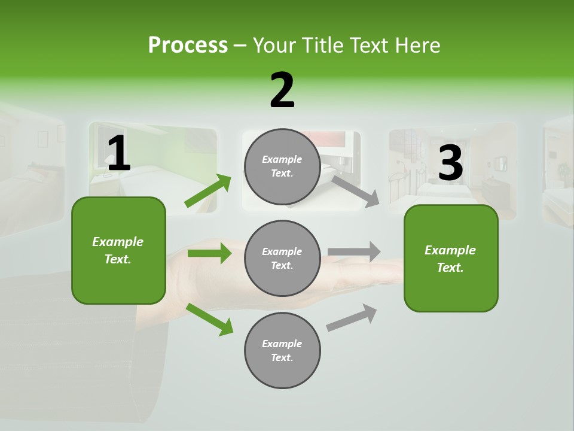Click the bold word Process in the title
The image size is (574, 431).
pyautogui.click(x=188, y=45)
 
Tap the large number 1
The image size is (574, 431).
pyautogui.click(x=118, y=154)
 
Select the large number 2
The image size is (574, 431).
pyautogui.click(x=282, y=90)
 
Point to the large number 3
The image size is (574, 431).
pyautogui.click(x=450, y=163)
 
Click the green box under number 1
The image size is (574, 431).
pyautogui.click(x=118, y=250)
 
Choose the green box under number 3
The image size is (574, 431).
pyautogui.click(x=451, y=259)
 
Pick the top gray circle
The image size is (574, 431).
pyautogui.click(x=282, y=166)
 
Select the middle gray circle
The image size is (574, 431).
pyautogui.click(x=282, y=258)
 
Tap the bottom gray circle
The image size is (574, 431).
pyautogui.click(x=282, y=350)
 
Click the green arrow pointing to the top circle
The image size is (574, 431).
pyautogui.click(x=208, y=190)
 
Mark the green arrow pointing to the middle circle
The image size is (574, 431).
pyautogui.click(x=209, y=253)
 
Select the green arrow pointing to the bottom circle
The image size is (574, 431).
pyautogui.click(x=209, y=319)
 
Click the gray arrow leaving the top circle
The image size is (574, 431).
pyautogui.click(x=355, y=191)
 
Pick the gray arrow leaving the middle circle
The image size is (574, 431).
pyautogui.click(x=354, y=251)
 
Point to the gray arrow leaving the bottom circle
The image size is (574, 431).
pyautogui.click(x=352, y=318)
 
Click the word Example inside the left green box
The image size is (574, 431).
pyautogui.click(x=118, y=242)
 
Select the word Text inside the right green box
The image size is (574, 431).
pyautogui.click(x=450, y=268)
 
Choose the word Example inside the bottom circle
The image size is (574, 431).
pyautogui.click(x=282, y=344)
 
